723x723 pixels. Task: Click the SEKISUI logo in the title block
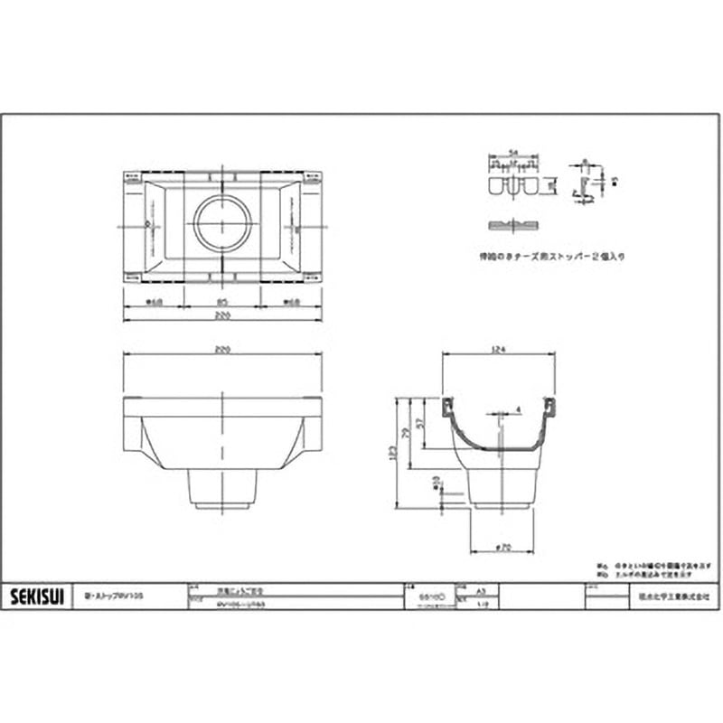pos(36,596)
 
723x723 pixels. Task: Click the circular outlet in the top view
pos(222,222)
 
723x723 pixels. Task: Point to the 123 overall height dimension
pos(403,452)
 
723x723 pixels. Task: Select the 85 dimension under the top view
pos(222,303)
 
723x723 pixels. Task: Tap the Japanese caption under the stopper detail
pos(551,256)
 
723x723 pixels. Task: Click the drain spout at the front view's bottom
pos(222,488)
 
